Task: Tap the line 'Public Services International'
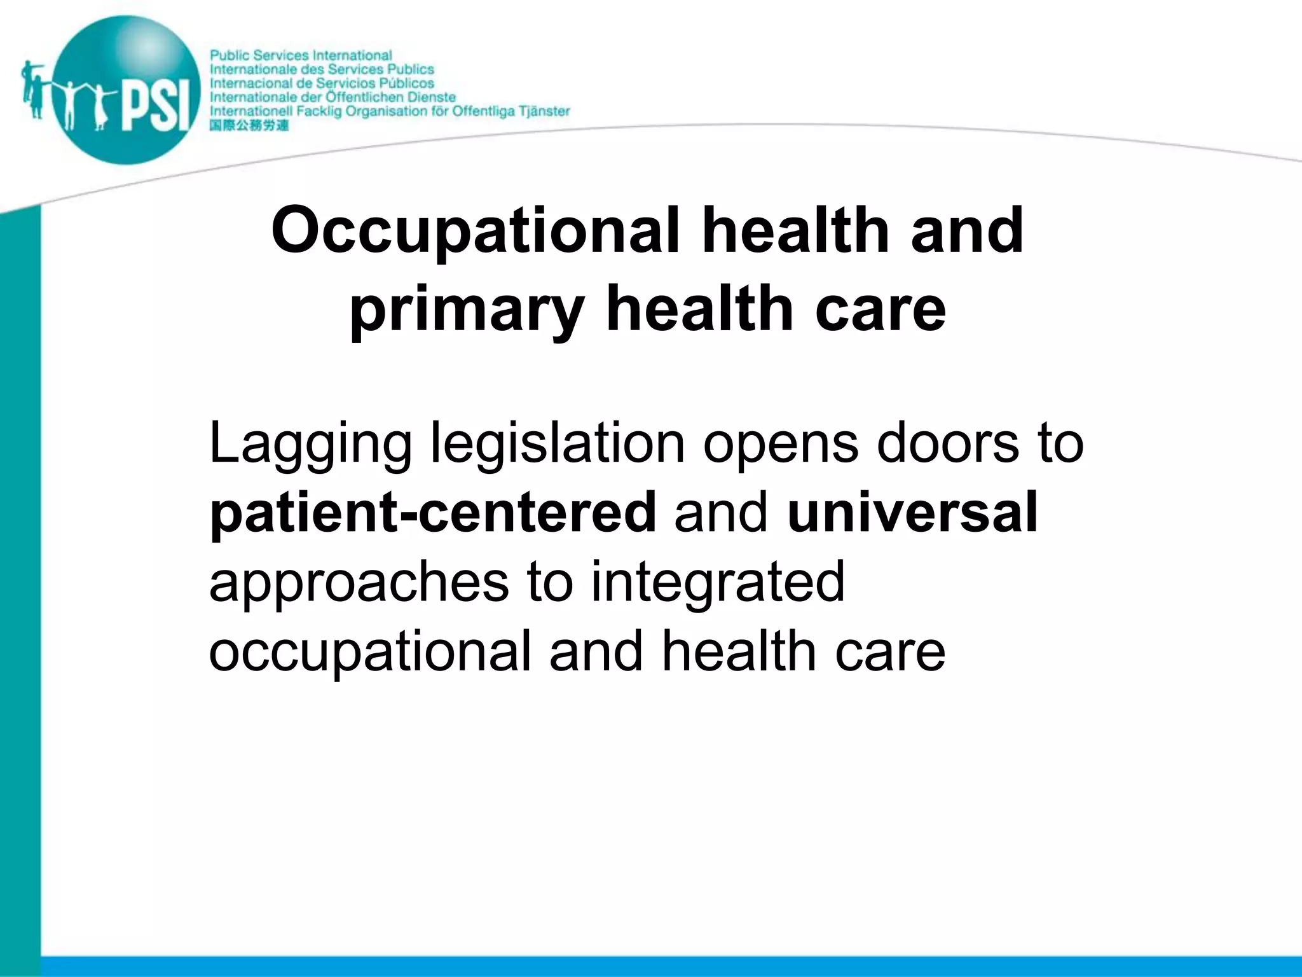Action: click(301, 56)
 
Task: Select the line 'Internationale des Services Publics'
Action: click(322, 69)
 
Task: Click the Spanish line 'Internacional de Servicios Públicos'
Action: click(322, 83)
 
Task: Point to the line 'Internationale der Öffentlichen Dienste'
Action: click(332, 97)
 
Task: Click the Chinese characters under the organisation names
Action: click(249, 125)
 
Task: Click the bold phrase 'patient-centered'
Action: click(432, 513)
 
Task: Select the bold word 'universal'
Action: click(912, 512)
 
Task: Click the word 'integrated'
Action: click(718, 583)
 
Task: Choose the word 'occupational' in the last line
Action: click(369, 653)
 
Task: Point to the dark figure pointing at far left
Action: click(32, 89)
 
